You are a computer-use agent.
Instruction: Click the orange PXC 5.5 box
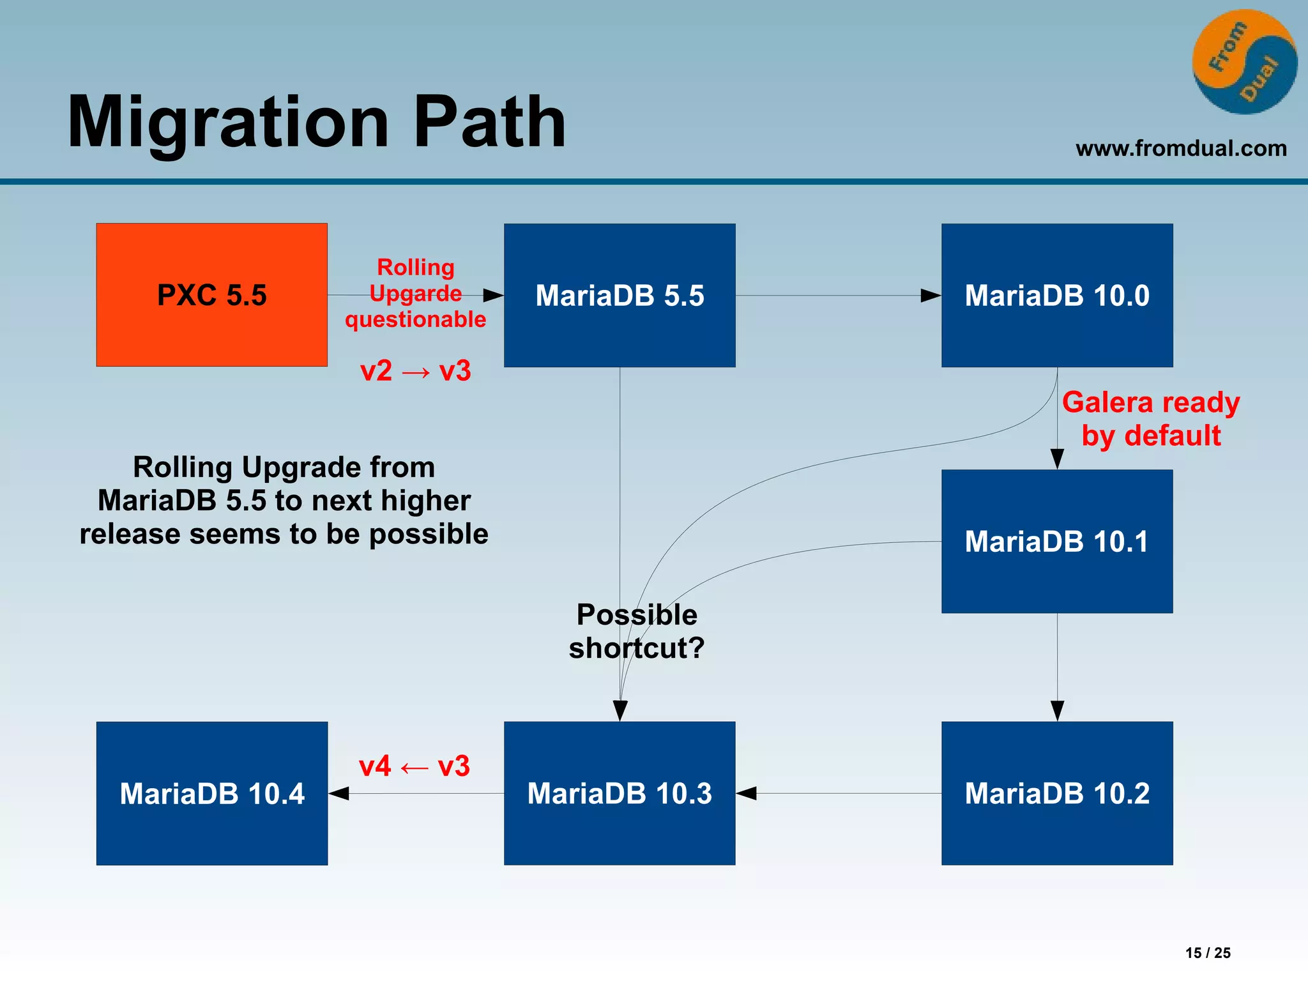coord(211,294)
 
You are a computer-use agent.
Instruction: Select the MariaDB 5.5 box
coord(619,294)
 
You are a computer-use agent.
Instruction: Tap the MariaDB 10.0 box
coord(1056,294)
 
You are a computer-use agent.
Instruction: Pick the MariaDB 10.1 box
coord(1056,541)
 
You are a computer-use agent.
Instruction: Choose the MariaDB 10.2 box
coord(1056,793)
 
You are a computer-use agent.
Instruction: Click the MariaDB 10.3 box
coord(619,793)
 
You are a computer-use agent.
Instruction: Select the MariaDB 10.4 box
coord(211,793)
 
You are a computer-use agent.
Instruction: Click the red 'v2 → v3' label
coord(415,371)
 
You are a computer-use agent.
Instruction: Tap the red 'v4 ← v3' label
coord(414,766)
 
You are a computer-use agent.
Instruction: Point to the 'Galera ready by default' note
coord(1151,419)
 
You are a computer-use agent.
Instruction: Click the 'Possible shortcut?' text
coord(636,631)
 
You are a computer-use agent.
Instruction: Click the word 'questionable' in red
coord(415,319)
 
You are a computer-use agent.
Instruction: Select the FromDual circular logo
coord(1244,62)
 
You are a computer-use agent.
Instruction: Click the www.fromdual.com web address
coord(1180,148)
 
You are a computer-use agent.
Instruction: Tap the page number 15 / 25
coord(1207,952)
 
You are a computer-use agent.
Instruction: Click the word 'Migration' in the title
coord(228,122)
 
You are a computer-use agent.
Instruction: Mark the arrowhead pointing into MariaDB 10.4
coord(339,793)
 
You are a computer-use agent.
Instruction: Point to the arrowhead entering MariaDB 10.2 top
coord(1057,710)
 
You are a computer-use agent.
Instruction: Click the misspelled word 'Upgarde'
coord(415,293)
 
